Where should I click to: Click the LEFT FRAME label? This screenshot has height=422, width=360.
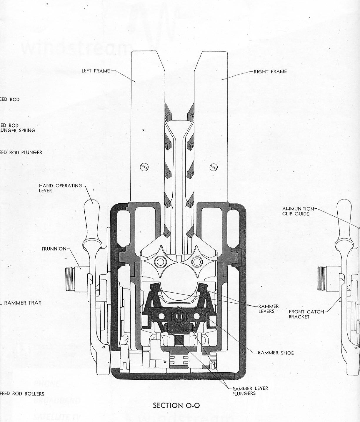(x=96, y=71)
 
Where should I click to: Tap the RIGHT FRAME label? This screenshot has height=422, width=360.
(x=270, y=71)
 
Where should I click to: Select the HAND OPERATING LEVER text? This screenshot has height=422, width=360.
(x=61, y=188)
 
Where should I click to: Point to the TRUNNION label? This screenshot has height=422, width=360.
(x=54, y=249)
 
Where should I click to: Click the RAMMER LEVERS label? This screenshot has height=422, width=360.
(x=269, y=309)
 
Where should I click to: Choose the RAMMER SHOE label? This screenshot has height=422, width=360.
(x=276, y=353)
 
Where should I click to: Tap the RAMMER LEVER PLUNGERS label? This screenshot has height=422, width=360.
(x=250, y=391)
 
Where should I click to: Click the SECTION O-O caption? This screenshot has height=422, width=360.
(x=176, y=406)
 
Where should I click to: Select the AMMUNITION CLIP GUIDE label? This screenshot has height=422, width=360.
(x=298, y=211)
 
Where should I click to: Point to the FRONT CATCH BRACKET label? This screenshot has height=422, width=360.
(x=306, y=314)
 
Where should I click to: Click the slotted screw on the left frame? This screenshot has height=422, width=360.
(x=144, y=167)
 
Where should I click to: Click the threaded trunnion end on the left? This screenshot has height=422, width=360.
(x=70, y=276)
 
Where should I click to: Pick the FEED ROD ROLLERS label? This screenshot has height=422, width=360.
(x=22, y=394)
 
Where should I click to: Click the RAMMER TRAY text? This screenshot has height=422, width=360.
(x=23, y=303)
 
